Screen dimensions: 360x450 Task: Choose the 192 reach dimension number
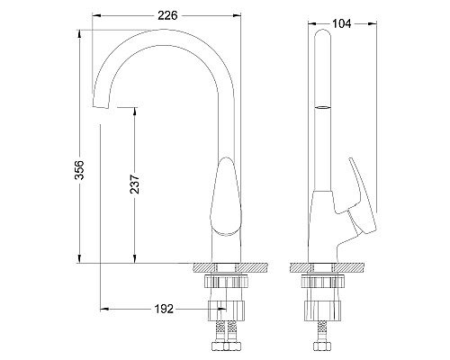(162, 309)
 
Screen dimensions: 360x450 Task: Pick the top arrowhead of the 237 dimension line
(135, 110)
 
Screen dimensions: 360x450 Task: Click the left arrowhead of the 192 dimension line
(101, 310)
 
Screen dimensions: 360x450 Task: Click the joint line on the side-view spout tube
(322, 107)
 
